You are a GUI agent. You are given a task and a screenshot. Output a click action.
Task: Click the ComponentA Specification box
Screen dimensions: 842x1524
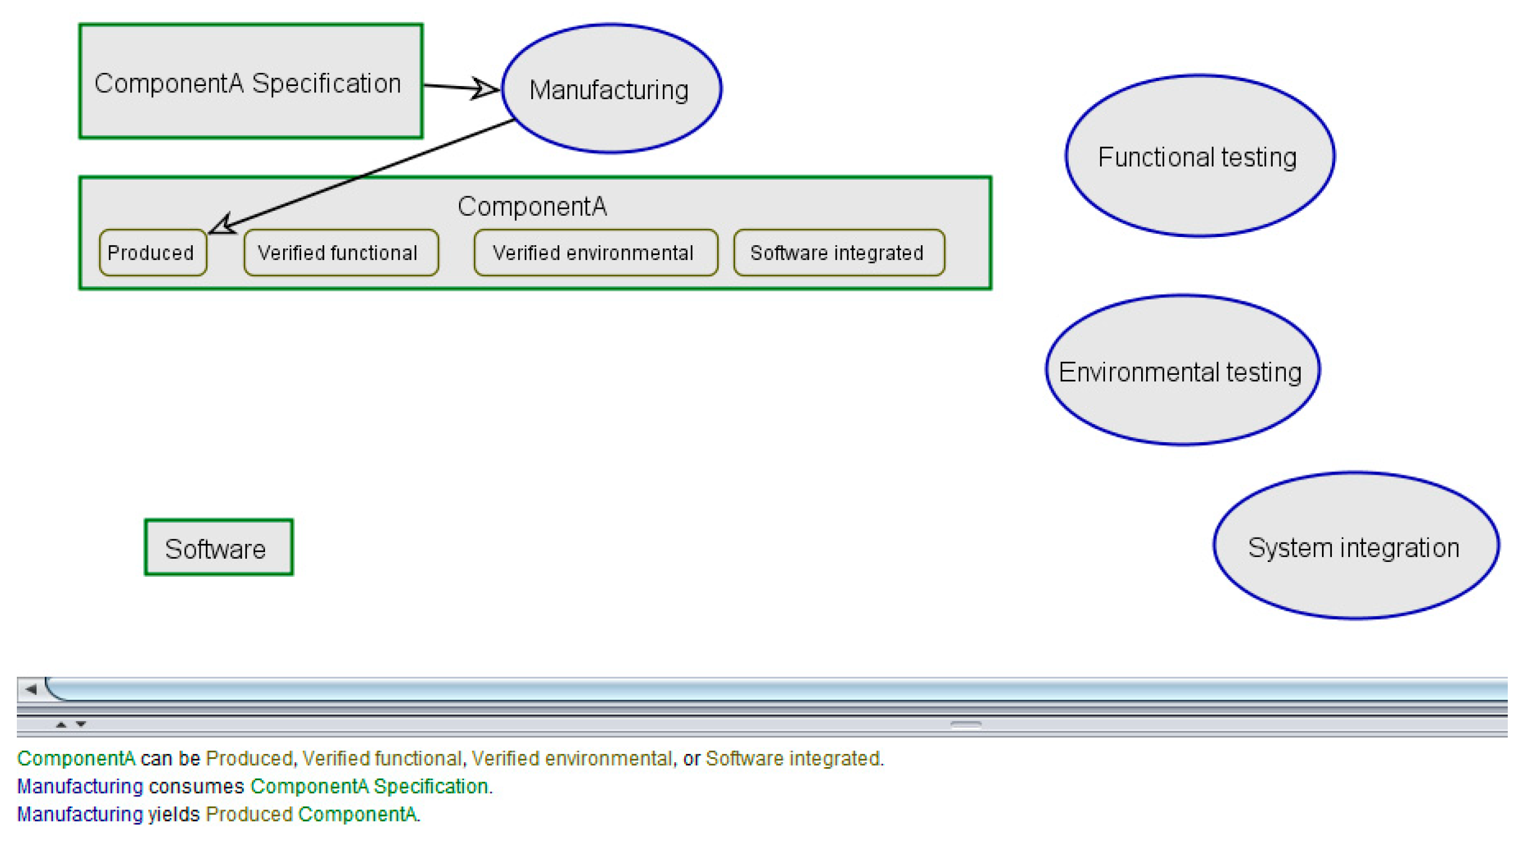pos(250,82)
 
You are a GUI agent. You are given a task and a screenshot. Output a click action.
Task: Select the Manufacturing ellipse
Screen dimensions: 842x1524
pos(610,89)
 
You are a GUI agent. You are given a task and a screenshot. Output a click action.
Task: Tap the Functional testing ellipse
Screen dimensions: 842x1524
pos(1198,157)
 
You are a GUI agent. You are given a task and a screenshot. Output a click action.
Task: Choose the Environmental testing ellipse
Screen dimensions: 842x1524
pos(1182,372)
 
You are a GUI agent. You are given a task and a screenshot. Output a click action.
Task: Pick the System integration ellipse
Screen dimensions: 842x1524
pos(1354,547)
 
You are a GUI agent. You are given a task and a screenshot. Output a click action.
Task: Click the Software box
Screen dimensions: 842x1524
pos(218,548)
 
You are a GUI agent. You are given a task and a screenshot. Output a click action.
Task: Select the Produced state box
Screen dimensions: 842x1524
pos(152,253)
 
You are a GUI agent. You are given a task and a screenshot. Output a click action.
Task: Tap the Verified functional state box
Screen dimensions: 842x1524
pos(340,253)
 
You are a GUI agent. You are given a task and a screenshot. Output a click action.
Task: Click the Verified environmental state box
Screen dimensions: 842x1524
pos(594,253)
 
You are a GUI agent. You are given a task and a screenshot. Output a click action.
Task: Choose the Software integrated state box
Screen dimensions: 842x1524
pos(837,253)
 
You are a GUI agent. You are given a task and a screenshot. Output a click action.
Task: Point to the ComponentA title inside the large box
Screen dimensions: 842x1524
pos(532,206)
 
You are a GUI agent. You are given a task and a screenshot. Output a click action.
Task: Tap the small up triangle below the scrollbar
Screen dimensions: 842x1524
pos(61,725)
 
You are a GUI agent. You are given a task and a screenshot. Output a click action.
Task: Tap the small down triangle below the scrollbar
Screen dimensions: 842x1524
pos(81,725)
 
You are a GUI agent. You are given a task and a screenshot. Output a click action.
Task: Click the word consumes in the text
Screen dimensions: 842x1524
pos(196,786)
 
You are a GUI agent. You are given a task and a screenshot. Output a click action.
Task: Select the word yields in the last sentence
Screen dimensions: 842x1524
pos(173,815)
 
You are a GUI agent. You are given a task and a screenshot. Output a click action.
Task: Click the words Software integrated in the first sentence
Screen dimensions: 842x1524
pos(793,758)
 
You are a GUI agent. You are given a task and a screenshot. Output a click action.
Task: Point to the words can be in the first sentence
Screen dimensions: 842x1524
pos(170,758)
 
